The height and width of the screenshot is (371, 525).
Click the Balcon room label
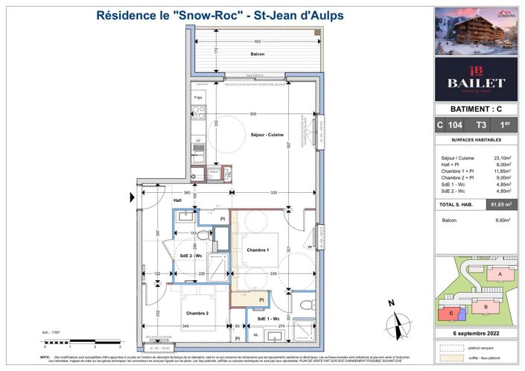pyautogui.click(x=257, y=54)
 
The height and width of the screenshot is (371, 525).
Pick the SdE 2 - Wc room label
pyautogui.click(x=192, y=257)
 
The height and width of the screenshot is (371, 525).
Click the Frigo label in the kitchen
pyautogui.click(x=199, y=98)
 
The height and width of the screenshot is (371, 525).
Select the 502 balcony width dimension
pyautogui.click(x=257, y=42)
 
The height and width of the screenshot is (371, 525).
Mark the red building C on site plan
pyautogui.click(x=452, y=313)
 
